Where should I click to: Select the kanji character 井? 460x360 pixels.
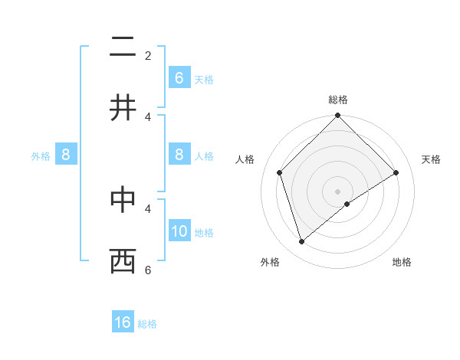click(123, 108)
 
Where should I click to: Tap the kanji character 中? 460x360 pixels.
click(123, 200)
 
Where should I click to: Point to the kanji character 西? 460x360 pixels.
click(123, 260)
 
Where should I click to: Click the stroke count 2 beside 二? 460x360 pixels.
click(148, 56)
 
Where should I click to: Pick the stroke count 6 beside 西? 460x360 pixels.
click(148, 270)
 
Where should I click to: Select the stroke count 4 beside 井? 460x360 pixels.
click(148, 116)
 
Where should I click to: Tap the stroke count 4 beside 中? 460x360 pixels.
click(148, 208)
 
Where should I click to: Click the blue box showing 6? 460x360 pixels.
click(179, 77)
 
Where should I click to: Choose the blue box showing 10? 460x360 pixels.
click(179, 232)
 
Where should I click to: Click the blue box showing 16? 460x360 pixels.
click(123, 322)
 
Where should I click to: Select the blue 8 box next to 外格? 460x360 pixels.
click(66, 155)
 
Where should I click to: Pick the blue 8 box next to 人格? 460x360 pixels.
click(179, 155)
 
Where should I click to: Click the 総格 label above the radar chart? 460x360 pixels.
click(338, 100)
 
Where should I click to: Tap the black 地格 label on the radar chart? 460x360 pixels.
click(402, 262)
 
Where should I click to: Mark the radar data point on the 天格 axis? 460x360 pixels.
click(396, 172)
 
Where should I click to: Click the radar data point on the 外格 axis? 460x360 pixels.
click(301, 242)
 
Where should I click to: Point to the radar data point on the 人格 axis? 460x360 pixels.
click(280, 172)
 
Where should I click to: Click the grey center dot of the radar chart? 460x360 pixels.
click(338, 191)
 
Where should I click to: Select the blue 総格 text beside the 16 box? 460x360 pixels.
click(147, 324)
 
